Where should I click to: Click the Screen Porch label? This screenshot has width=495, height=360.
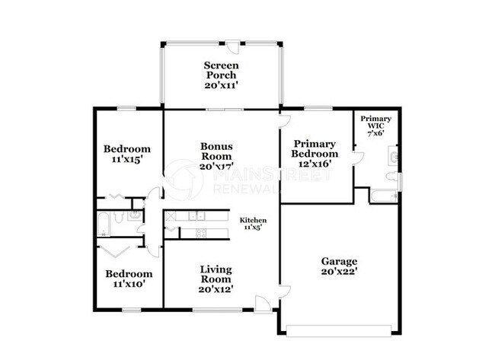(221, 75)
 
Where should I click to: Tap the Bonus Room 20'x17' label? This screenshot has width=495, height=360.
(217, 155)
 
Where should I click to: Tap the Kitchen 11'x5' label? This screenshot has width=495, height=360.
(252, 222)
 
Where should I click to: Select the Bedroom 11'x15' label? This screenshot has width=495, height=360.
(127, 155)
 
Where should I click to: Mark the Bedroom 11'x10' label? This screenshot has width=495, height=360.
(127, 279)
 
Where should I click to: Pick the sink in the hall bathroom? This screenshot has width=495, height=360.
(135, 215)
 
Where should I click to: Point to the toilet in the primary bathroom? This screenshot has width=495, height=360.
(392, 179)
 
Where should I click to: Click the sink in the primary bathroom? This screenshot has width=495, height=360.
(394, 158)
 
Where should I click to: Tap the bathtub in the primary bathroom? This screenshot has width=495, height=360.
(383, 196)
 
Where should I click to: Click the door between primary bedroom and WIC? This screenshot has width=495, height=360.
(355, 155)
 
